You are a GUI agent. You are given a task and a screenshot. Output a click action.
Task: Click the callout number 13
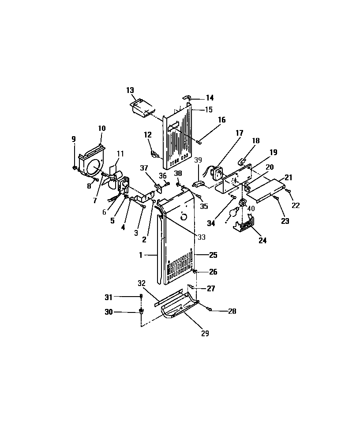(130, 90)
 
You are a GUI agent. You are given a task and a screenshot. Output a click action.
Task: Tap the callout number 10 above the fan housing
(101, 128)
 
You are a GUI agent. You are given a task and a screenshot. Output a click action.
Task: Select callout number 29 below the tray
(205, 334)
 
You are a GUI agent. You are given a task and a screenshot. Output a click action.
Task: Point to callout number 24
(263, 241)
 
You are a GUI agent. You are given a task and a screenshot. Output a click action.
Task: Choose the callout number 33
(201, 237)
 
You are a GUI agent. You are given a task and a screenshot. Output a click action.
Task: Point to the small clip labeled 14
(187, 97)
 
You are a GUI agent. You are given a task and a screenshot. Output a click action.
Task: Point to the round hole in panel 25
(184, 216)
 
